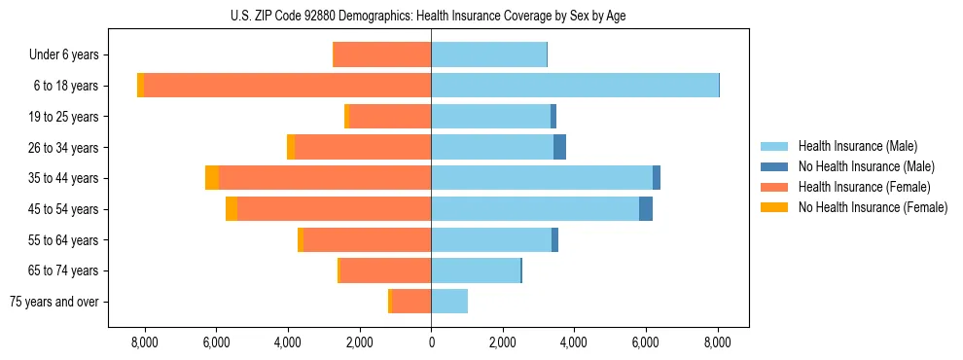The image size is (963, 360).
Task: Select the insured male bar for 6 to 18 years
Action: (x=574, y=86)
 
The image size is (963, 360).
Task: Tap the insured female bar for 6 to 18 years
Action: (x=287, y=86)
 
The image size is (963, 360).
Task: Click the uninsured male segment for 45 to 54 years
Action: (x=646, y=209)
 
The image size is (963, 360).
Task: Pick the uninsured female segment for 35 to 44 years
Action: (x=212, y=178)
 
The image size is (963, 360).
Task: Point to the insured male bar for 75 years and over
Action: (x=449, y=302)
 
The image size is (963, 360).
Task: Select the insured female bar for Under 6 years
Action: (x=381, y=54)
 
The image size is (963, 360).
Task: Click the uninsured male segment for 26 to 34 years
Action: (x=559, y=147)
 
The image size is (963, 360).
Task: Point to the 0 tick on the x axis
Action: (x=431, y=342)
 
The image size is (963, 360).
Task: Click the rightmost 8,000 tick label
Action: (x=718, y=342)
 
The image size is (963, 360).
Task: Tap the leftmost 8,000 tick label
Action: (x=144, y=342)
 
